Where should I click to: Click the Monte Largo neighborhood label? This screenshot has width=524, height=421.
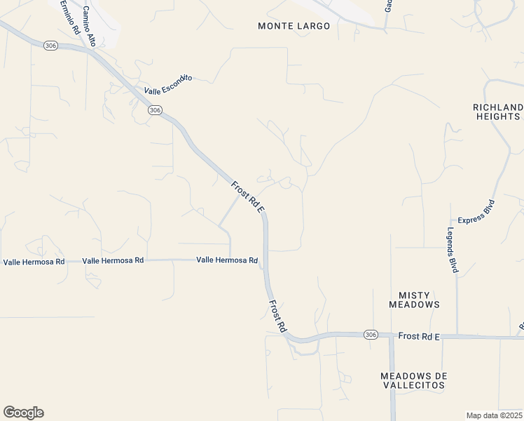pos(284,26)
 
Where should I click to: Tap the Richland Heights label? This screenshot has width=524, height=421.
pos(497,112)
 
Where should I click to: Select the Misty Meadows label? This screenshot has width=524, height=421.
pos(414,300)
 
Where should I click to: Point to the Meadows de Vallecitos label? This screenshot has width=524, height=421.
pos(413,381)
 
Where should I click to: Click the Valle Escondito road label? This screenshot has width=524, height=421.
pos(168,85)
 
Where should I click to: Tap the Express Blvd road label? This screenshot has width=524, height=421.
pos(476,211)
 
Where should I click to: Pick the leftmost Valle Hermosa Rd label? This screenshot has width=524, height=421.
pos(34,262)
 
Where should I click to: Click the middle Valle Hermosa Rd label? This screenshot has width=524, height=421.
pos(113,260)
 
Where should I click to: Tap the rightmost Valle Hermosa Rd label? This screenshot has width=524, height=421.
pos(227,260)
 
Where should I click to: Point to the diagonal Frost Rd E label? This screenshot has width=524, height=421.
pos(247,196)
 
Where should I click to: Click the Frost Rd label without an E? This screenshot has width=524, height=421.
pos(278,316)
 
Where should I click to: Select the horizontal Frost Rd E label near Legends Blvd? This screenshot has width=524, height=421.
pos(418,337)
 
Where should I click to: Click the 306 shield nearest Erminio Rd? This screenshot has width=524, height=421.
pos(50,45)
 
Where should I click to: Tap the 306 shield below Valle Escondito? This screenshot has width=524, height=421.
pos(155,110)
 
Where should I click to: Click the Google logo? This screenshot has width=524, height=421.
pos(23,413)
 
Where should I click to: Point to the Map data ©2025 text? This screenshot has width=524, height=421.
pos(493,415)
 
